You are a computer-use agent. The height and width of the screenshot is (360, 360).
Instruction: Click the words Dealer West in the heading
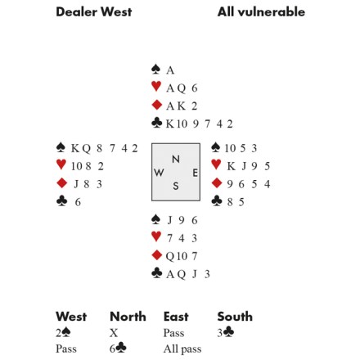[x=94, y=11]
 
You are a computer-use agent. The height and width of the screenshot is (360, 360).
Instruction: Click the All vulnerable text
[x=261, y=11]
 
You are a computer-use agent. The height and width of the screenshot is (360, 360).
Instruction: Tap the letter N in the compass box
[x=176, y=159]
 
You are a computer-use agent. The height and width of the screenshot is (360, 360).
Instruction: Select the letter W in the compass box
[x=159, y=173]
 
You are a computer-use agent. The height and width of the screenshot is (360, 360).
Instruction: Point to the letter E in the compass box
[x=196, y=173]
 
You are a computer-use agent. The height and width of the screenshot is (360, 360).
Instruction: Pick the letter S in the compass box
[x=176, y=186]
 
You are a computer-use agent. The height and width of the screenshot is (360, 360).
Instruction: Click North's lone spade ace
[x=170, y=70]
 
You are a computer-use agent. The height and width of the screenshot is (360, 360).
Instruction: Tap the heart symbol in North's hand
[x=156, y=87]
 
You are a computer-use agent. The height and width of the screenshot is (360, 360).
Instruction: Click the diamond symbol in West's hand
[x=61, y=182]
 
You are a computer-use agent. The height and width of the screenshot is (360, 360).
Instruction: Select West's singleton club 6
[x=78, y=202]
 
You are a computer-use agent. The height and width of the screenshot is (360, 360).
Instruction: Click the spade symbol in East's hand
[x=216, y=146]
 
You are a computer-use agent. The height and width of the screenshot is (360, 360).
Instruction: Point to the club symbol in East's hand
[x=217, y=200]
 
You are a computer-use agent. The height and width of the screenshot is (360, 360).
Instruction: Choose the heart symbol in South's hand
[x=156, y=236]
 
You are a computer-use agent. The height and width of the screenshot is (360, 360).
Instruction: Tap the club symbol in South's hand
[x=157, y=272]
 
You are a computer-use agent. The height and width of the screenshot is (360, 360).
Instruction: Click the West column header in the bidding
[x=71, y=317]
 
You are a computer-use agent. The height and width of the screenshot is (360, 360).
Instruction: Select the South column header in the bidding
[x=235, y=317]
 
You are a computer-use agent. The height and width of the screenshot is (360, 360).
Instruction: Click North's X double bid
[x=114, y=333]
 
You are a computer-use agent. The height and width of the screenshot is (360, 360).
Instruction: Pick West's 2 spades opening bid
[x=63, y=333]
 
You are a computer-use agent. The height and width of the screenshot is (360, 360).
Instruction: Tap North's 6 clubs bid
[x=118, y=349]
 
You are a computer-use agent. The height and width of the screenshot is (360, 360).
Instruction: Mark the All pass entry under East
[x=182, y=349]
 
